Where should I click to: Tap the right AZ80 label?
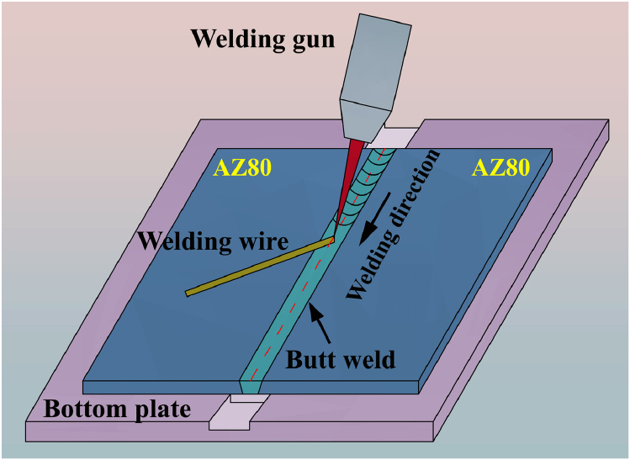[x=500, y=168]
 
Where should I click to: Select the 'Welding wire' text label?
[x=213, y=241]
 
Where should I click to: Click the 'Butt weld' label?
[x=340, y=360]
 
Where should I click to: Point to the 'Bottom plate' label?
[x=117, y=410]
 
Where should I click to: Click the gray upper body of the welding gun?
[x=374, y=50]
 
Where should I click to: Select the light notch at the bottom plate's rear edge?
[x=394, y=135]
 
